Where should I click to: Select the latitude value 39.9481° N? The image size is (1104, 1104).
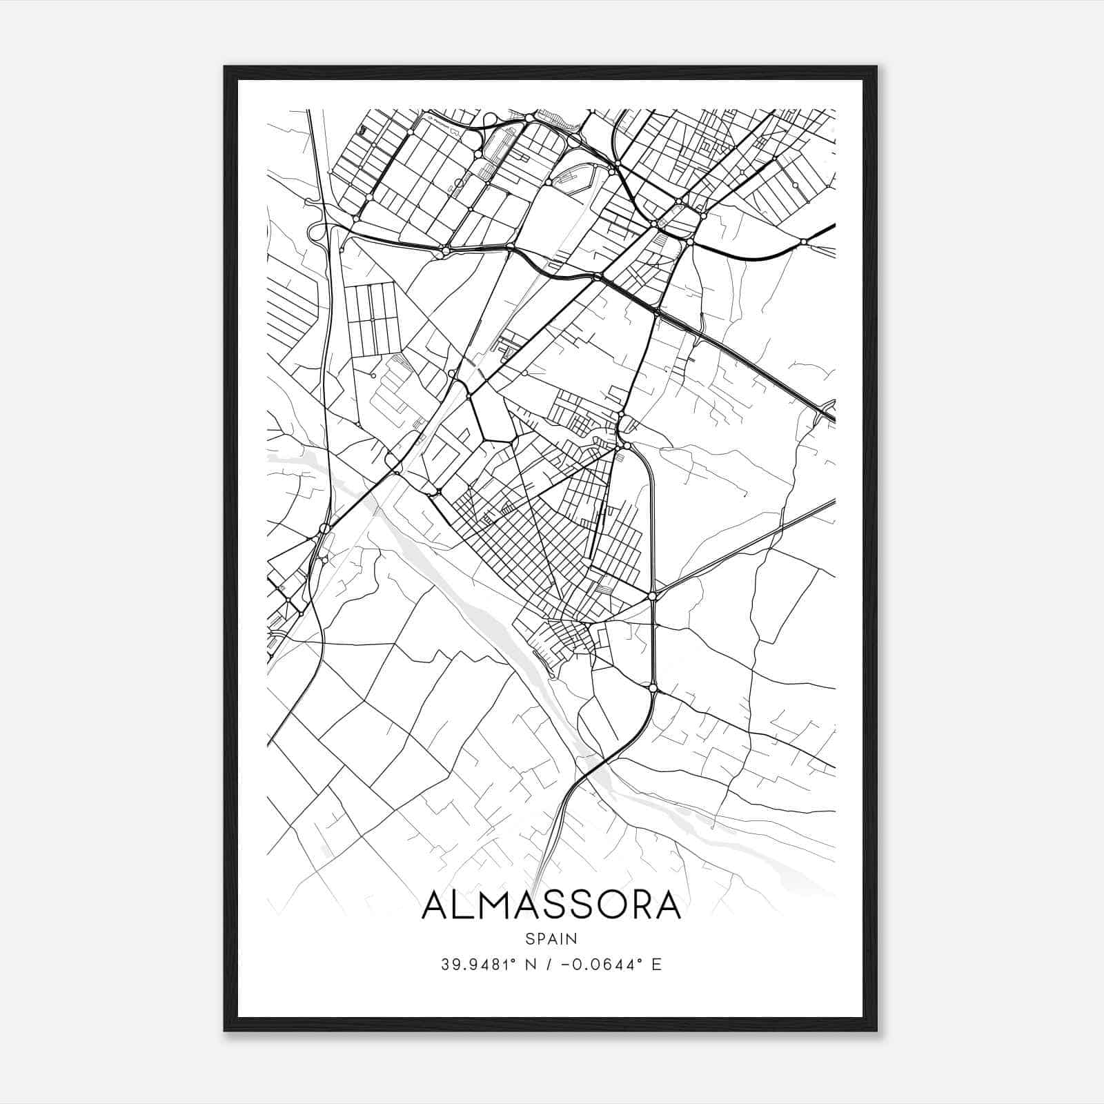tap(486, 965)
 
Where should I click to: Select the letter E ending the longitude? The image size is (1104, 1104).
tap(657, 965)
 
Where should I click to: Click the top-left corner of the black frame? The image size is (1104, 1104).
tap(226, 68)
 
